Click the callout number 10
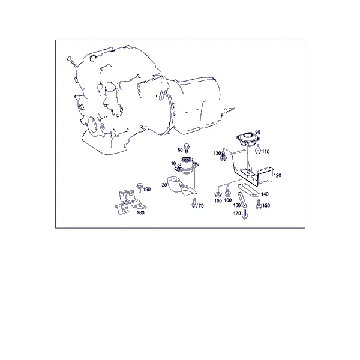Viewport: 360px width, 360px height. click(173, 163)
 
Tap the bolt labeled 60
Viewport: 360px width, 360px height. click(187, 148)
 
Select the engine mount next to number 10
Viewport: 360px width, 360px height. click(187, 166)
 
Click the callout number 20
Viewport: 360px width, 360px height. click(164, 185)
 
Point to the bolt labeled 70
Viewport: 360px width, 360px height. click(194, 203)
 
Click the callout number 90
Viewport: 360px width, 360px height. click(257, 132)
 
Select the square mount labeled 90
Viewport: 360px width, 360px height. click(248, 139)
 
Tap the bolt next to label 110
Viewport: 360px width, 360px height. click(258, 149)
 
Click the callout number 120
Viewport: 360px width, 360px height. click(277, 175)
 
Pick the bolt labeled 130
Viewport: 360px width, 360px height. click(223, 155)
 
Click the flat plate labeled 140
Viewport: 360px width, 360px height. click(248, 190)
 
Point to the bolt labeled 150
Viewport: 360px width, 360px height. click(259, 205)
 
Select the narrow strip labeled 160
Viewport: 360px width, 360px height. click(242, 200)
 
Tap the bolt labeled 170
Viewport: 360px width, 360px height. click(245, 214)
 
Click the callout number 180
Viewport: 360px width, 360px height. click(140, 212)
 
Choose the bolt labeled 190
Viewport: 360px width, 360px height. click(139, 188)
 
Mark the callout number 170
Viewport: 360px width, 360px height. click(237, 213)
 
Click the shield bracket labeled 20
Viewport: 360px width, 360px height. click(182, 186)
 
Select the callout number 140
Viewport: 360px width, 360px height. click(265, 194)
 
